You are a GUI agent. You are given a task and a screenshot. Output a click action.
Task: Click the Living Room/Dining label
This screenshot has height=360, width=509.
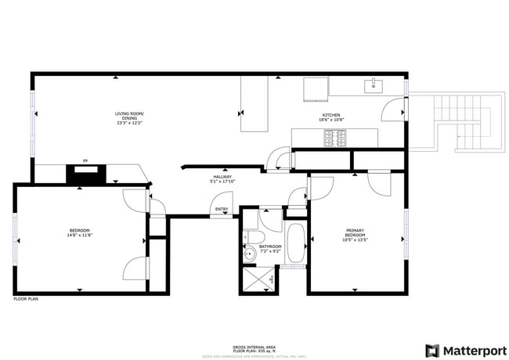click(x=130, y=114)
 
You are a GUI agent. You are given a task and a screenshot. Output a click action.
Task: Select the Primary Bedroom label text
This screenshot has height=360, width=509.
click(x=356, y=232)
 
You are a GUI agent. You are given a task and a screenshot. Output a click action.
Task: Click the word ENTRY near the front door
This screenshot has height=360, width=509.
click(x=222, y=209)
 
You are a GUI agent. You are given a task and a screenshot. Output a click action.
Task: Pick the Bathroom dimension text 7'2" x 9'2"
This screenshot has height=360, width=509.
click(x=269, y=251)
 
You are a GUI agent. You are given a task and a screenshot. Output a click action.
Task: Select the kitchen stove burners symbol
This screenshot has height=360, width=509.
click(x=336, y=138)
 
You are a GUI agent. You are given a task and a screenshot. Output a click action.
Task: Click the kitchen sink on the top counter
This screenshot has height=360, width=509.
click(x=374, y=85)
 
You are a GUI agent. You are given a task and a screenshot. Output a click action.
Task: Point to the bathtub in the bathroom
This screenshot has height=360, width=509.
click(x=296, y=244)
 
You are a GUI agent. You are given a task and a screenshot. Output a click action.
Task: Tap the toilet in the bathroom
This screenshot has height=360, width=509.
click(x=251, y=237)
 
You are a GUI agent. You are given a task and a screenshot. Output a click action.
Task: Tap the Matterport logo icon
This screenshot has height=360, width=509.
click(x=432, y=350)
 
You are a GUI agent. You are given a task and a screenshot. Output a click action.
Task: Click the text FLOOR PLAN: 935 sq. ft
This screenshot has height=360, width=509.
click(x=254, y=351)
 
